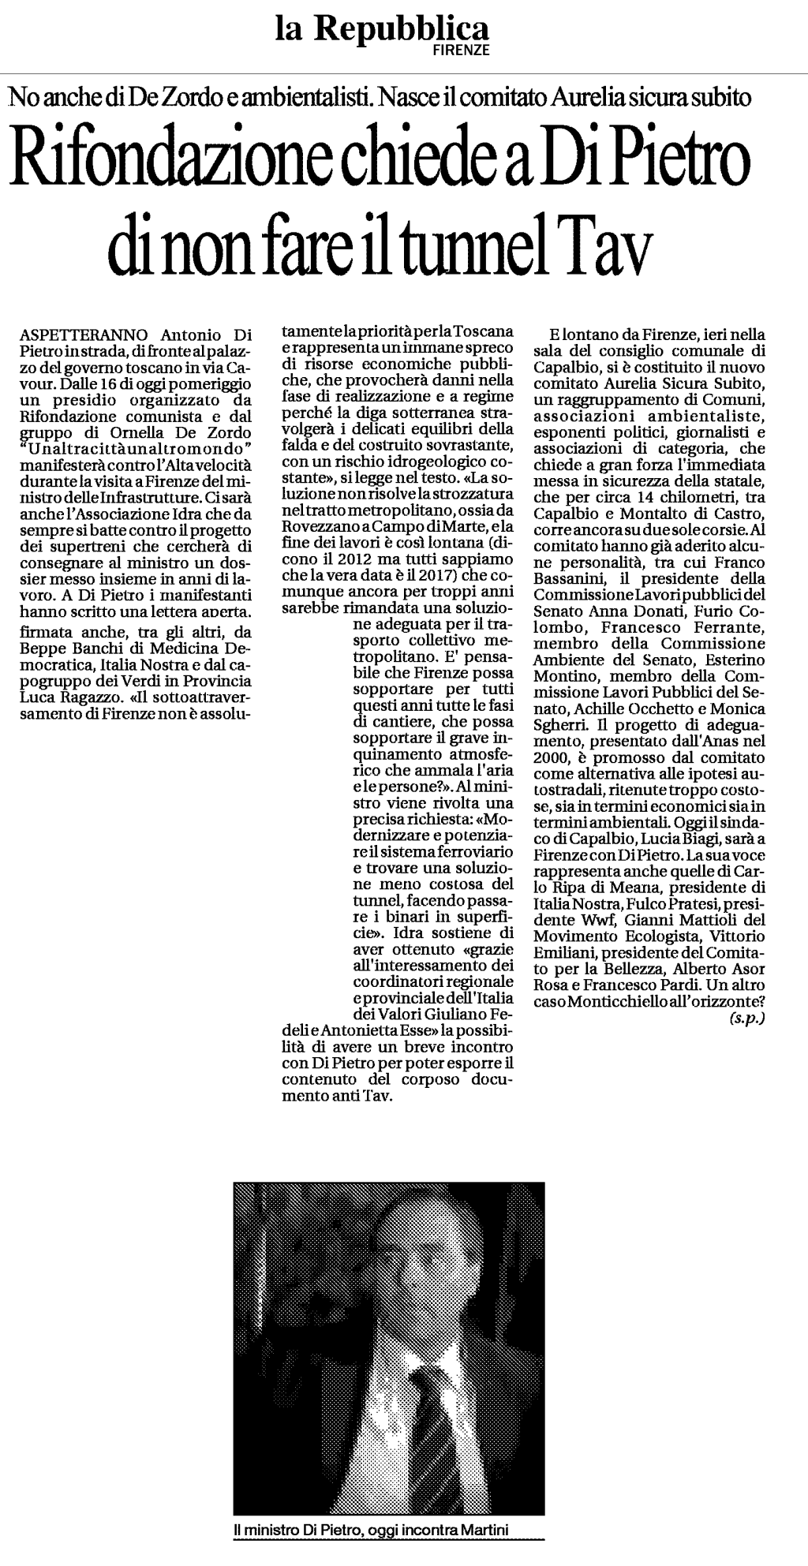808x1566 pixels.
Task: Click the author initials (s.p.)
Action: pyautogui.click(x=746, y=1018)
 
